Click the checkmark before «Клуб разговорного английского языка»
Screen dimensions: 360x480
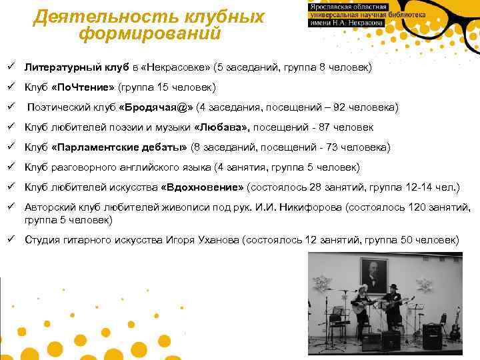pos(13,167)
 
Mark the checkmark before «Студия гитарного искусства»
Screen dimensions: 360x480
pos(13,239)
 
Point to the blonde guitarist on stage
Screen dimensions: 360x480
pos(362,306)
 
